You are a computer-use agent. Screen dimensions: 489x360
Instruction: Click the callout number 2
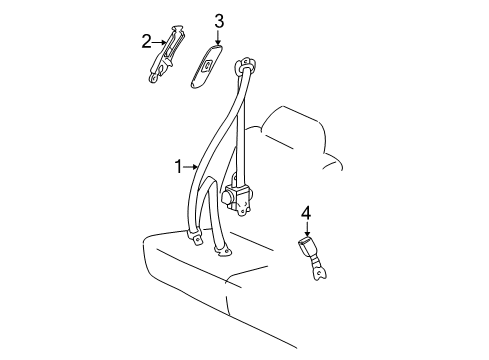coord(146,41)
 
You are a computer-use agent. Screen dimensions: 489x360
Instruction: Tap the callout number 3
coord(218,19)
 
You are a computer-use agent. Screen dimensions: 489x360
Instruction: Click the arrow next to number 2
coord(159,41)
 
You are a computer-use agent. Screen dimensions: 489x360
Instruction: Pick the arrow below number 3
coord(218,35)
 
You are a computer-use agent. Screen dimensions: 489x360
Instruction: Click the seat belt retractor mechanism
coord(238,196)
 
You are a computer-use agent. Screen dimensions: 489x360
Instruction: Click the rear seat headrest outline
coord(300,130)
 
